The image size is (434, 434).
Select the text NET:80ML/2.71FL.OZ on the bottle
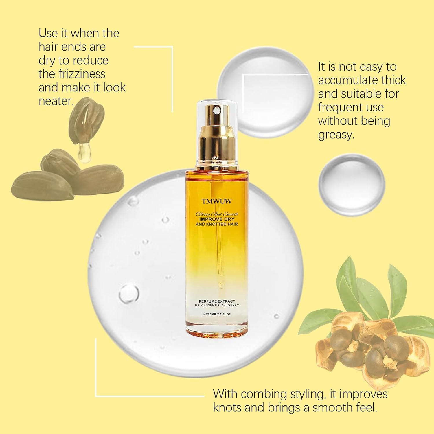(217, 314)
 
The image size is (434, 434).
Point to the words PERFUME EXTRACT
(217, 301)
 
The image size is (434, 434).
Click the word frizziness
(72, 74)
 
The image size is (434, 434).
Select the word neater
(55, 101)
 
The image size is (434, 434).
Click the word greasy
(336, 135)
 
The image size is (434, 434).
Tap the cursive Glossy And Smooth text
(217, 214)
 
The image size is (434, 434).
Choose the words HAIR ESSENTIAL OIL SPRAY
(217, 306)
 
